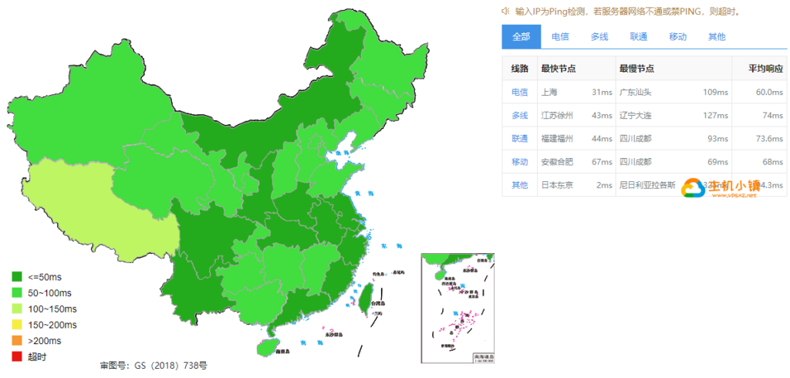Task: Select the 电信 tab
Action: point(561,36)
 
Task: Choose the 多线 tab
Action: point(599,36)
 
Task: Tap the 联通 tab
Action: point(639,36)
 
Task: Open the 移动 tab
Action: point(678,36)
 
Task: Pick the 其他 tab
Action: point(717,36)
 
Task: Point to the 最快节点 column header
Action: point(559,69)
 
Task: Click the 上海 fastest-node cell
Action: point(550,93)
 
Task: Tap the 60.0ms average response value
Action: point(769,93)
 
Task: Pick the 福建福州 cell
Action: point(557,139)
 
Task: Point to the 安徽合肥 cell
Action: point(557,162)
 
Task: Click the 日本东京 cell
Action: point(557,185)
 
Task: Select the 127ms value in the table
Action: point(717,116)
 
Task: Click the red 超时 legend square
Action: point(16,356)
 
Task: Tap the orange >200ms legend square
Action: point(16,340)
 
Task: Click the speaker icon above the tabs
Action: point(505,11)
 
